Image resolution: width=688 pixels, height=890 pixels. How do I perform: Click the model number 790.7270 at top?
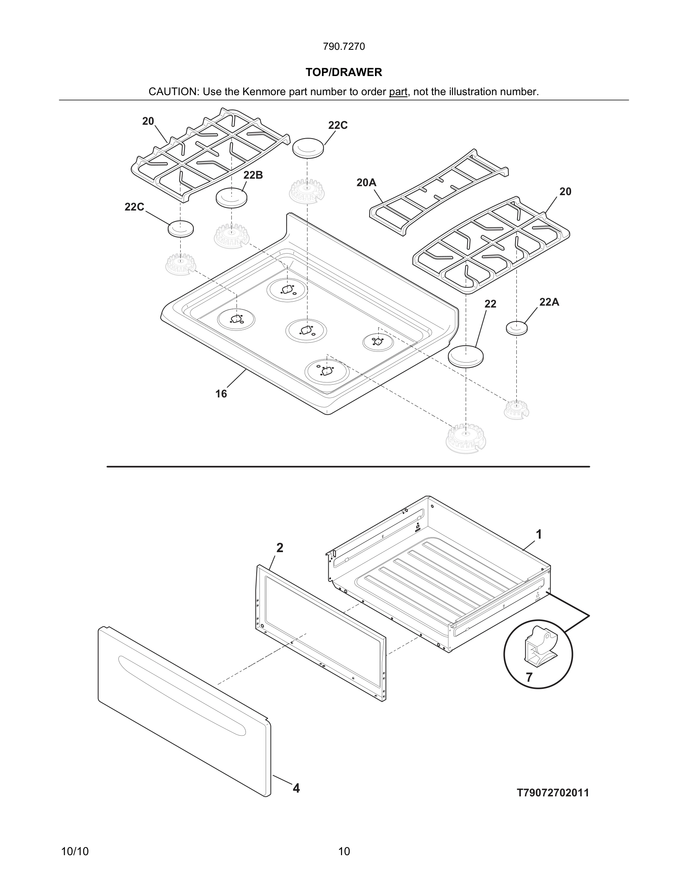(344, 46)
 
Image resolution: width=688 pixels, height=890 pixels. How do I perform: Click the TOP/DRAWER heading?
(344, 72)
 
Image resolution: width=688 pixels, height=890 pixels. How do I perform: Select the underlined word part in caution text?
(398, 92)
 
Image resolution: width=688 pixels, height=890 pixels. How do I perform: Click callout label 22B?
(253, 175)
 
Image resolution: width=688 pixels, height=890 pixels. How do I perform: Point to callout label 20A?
(366, 182)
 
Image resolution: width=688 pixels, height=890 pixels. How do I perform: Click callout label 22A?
(549, 302)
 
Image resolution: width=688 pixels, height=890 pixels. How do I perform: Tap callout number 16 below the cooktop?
(221, 394)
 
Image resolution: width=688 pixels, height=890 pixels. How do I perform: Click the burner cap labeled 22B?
(231, 197)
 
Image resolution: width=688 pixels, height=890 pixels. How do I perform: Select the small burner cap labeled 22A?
(516, 328)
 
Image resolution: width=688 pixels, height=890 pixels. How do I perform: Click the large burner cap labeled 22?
(465, 356)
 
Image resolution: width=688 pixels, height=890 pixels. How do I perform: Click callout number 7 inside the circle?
(529, 677)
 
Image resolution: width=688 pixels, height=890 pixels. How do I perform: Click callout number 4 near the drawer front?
(296, 788)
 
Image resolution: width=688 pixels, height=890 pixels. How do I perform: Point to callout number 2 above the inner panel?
(280, 548)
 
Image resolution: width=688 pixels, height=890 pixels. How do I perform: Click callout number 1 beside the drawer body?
(538, 534)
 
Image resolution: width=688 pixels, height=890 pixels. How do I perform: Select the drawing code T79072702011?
(553, 793)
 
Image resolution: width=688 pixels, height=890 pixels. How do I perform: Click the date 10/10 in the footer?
(75, 851)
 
